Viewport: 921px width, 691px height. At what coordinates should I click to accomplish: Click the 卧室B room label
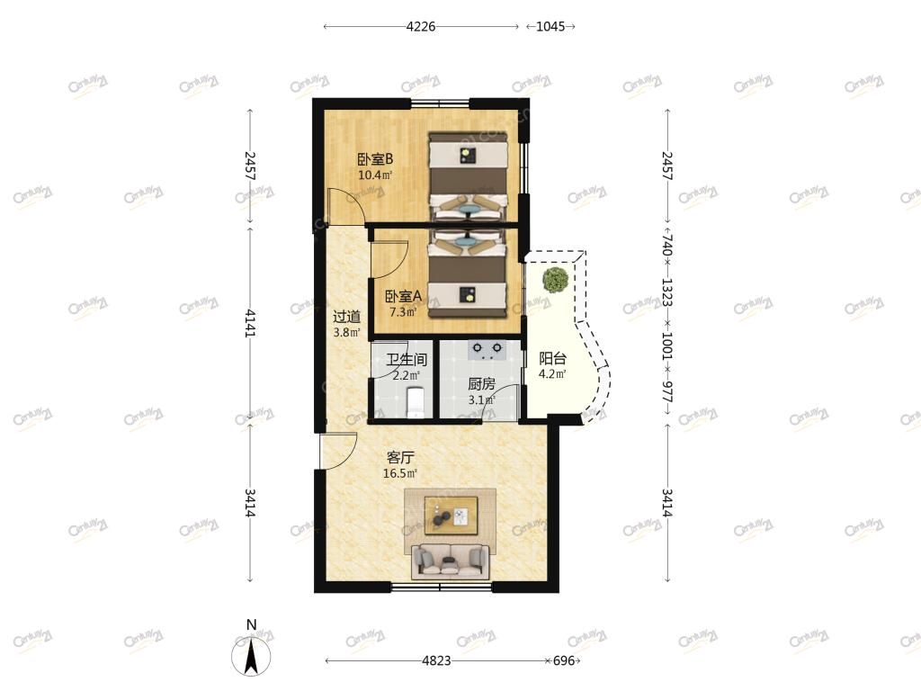click(x=375, y=159)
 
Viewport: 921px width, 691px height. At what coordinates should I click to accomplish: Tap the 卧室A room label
click(x=403, y=297)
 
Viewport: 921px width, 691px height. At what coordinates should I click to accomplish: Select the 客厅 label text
click(x=400, y=457)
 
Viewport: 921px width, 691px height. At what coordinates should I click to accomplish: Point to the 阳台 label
click(x=553, y=358)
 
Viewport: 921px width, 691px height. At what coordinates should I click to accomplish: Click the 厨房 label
click(x=482, y=384)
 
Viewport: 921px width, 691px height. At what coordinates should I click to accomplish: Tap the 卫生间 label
click(x=407, y=360)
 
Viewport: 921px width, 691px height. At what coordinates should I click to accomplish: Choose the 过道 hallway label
click(x=346, y=317)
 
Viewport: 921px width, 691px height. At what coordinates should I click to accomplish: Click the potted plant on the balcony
click(x=555, y=279)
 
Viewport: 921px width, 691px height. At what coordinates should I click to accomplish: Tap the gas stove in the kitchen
click(x=487, y=350)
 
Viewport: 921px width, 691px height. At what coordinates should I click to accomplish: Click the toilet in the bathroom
click(x=415, y=402)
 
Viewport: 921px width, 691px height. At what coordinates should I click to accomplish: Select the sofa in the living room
click(x=451, y=561)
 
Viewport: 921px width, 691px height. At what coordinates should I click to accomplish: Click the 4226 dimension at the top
click(x=421, y=26)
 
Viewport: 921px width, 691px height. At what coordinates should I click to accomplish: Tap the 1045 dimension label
click(x=550, y=26)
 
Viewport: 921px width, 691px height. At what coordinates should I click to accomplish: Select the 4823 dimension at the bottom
click(x=436, y=661)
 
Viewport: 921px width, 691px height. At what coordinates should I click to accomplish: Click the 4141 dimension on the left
click(x=250, y=323)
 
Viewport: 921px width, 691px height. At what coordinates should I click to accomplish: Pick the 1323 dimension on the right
click(x=667, y=292)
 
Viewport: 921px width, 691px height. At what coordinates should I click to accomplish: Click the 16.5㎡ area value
click(x=400, y=473)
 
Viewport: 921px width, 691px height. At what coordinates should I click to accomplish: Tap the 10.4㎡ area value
click(x=375, y=175)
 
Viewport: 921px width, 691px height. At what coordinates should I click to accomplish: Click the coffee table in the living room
click(x=452, y=516)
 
